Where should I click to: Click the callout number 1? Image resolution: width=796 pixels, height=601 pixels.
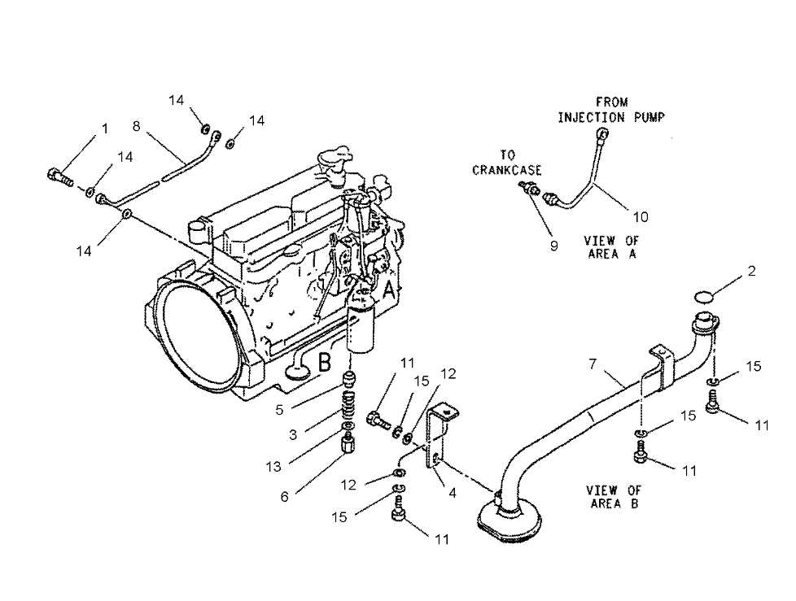pyautogui.click(x=105, y=128)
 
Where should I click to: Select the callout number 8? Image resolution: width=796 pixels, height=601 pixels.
pyautogui.click(x=136, y=125)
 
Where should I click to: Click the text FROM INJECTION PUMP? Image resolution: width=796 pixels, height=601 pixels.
pyautogui.click(x=611, y=110)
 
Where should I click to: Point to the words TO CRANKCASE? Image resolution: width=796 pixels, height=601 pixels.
pyautogui.click(x=507, y=163)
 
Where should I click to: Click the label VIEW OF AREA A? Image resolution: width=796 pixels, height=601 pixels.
pyautogui.click(x=611, y=246)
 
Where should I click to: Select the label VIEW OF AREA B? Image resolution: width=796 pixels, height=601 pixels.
pyautogui.click(x=613, y=496)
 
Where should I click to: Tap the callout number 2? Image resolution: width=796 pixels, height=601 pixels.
pyautogui.click(x=751, y=272)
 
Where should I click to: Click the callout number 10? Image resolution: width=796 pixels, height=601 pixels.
pyautogui.click(x=641, y=216)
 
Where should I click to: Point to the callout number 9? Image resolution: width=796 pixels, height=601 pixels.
pyautogui.click(x=553, y=246)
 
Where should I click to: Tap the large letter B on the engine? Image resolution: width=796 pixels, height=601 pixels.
pyautogui.click(x=324, y=363)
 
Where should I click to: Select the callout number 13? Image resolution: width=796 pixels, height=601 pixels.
pyautogui.click(x=273, y=467)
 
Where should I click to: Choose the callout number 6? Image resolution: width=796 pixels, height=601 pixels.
pyautogui.click(x=284, y=496)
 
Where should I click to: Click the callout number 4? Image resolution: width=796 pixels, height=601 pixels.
pyautogui.click(x=452, y=492)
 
